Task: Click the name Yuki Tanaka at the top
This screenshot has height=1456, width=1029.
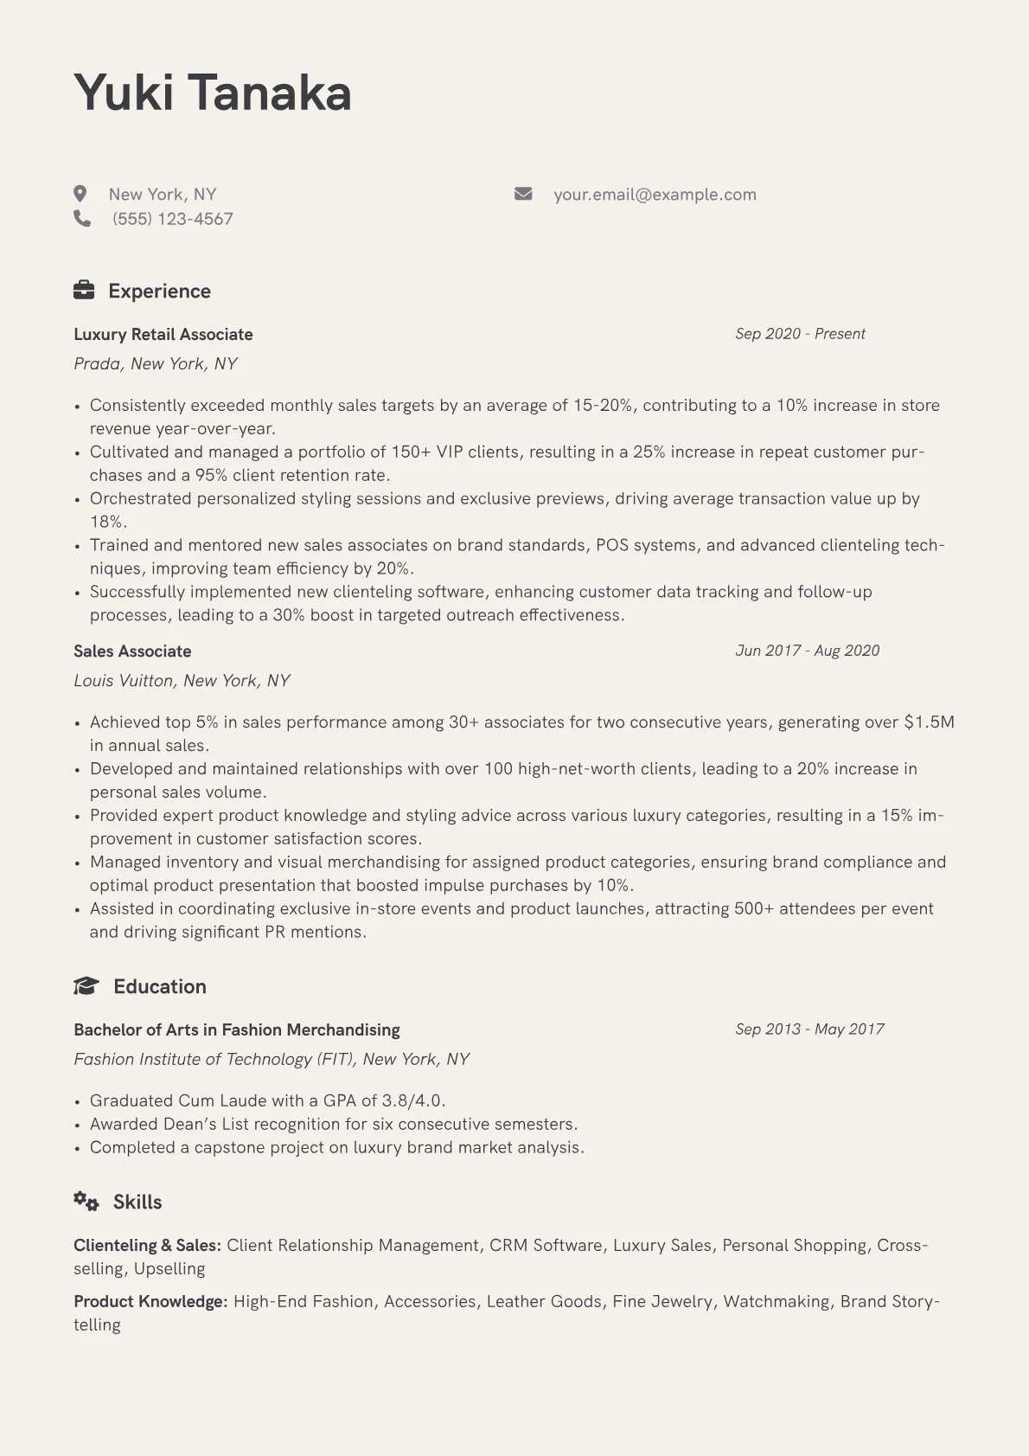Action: point(213,93)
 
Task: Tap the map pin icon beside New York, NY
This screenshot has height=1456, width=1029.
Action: point(80,194)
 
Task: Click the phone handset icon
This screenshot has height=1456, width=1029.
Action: point(82,218)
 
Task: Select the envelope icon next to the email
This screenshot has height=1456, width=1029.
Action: point(523,194)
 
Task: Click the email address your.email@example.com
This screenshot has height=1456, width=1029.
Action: point(655,195)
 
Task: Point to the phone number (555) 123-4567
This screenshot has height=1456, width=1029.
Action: point(172,219)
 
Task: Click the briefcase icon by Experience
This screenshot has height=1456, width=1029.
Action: point(84,290)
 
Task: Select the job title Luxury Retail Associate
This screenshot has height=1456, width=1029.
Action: point(163,334)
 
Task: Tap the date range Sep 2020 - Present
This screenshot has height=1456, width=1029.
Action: point(800,334)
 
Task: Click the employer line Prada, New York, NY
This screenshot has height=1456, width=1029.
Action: point(156,363)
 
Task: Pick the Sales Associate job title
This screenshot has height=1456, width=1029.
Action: point(132,651)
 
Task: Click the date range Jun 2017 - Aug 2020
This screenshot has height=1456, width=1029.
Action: point(807,651)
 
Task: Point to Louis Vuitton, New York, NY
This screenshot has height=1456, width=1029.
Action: point(182,680)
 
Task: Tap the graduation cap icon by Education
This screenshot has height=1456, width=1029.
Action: point(86,985)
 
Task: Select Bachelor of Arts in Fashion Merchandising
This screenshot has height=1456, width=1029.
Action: point(237,1029)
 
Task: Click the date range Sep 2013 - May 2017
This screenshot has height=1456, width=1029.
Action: point(809,1029)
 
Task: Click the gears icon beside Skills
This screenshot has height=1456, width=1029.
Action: point(86,1201)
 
